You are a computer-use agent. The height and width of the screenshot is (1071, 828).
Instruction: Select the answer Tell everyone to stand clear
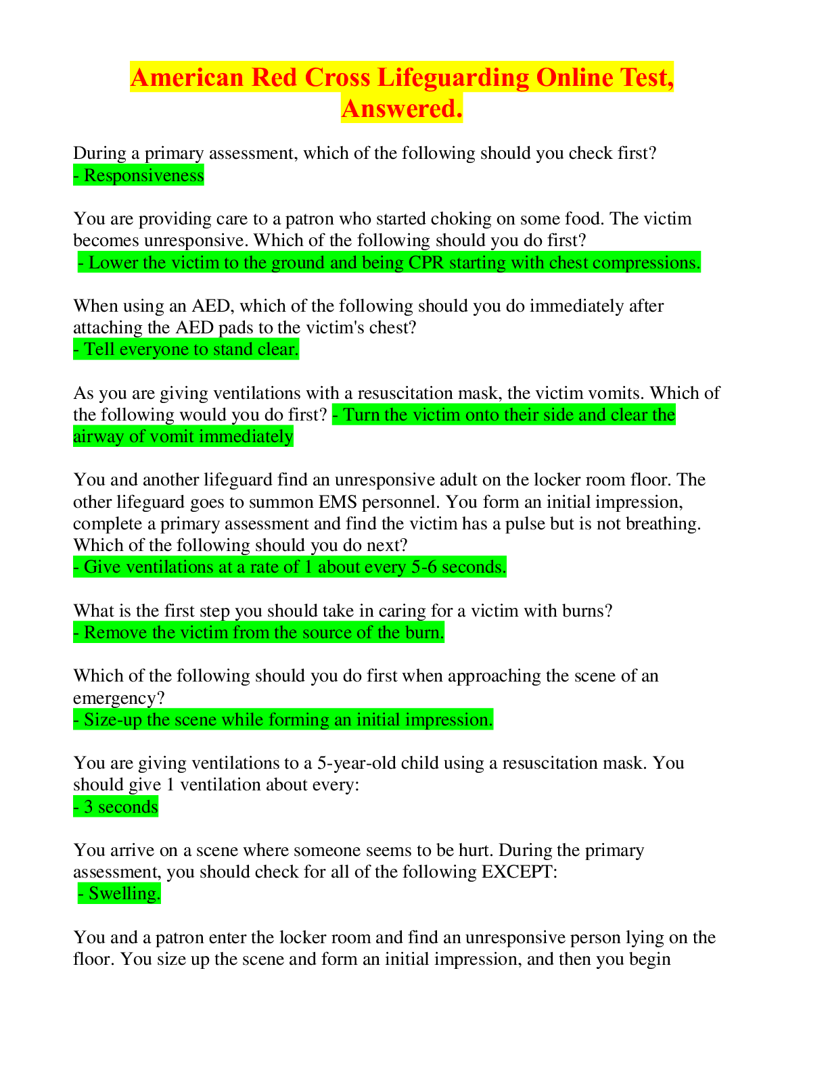pos(186,350)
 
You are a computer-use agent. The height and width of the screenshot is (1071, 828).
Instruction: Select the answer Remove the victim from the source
pos(259,633)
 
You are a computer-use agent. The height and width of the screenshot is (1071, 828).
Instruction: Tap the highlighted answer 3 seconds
pos(116,807)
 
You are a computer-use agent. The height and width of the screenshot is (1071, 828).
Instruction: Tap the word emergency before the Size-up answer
pos(118,698)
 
